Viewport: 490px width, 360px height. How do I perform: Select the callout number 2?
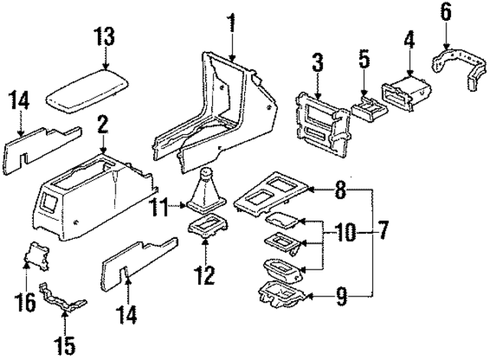click(x=103, y=123)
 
